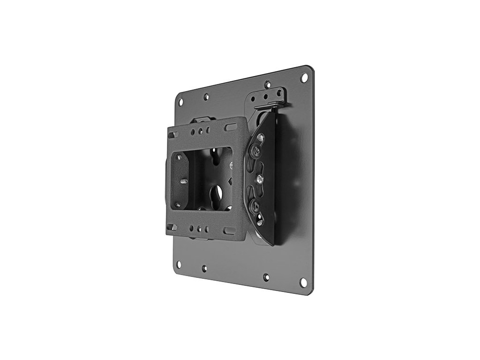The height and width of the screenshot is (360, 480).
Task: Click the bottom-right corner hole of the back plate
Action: pyautogui.click(x=303, y=283)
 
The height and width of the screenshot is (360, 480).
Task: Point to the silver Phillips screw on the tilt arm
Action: pyautogui.click(x=257, y=179)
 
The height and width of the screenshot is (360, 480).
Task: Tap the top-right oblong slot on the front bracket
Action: pyautogui.click(x=230, y=127)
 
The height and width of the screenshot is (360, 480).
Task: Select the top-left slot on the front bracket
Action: pyautogui.click(x=173, y=135)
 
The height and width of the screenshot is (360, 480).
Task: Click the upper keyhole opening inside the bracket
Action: pyautogui.click(x=215, y=154)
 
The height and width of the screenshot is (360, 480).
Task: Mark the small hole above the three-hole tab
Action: pyautogui.click(x=268, y=85)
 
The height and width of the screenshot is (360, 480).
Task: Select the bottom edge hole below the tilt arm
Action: pyautogui.click(x=266, y=277)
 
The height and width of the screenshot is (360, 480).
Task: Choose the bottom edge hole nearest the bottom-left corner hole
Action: pyautogui.click(x=204, y=269)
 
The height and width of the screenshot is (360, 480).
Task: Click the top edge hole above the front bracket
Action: pyautogui.click(x=206, y=97)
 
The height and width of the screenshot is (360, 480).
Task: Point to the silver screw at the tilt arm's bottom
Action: pyautogui.click(x=260, y=220)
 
